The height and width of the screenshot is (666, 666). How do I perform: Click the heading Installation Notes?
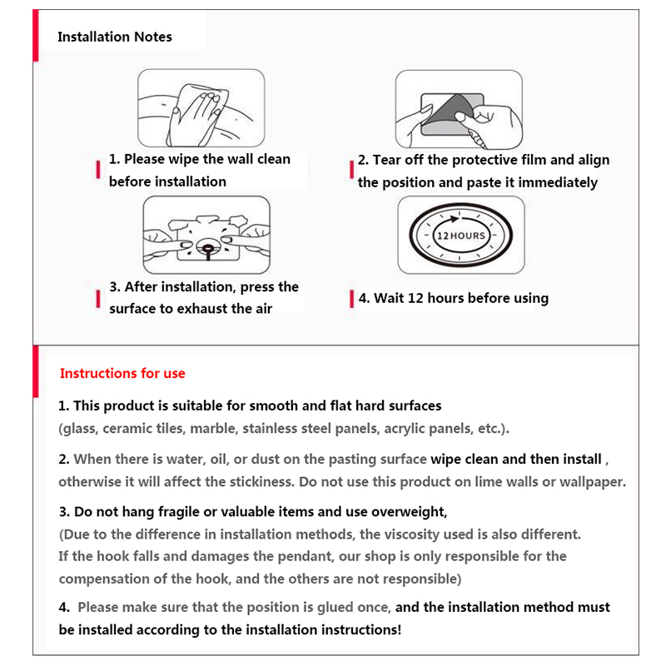pyautogui.click(x=115, y=37)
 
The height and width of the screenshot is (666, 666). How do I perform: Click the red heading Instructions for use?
pyautogui.click(x=122, y=373)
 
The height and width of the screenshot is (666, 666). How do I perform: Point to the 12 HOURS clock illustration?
pyautogui.click(x=461, y=236)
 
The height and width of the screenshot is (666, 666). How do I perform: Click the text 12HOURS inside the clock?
pyautogui.click(x=461, y=236)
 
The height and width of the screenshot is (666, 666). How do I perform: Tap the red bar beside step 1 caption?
pyautogui.click(x=98, y=170)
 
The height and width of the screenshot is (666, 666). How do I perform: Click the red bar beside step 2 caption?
pyautogui.click(x=350, y=171)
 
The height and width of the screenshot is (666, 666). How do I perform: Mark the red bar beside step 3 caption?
pyautogui.click(x=98, y=298)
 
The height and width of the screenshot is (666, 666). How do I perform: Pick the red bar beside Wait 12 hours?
pyautogui.click(x=350, y=299)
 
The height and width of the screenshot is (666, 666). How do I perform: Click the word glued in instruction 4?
pyautogui.click(x=340, y=608)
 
